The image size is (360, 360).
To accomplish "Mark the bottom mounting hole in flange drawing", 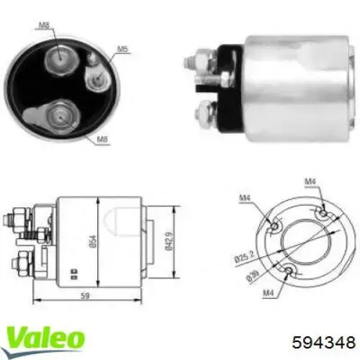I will (x=289, y=271).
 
